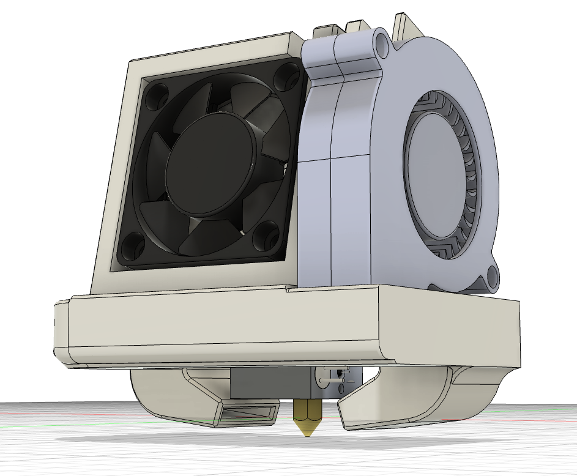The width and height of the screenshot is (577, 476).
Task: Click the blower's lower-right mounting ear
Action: click(x=490, y=280)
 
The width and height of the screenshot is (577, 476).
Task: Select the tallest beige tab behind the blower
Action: click(x=405, y=24)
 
